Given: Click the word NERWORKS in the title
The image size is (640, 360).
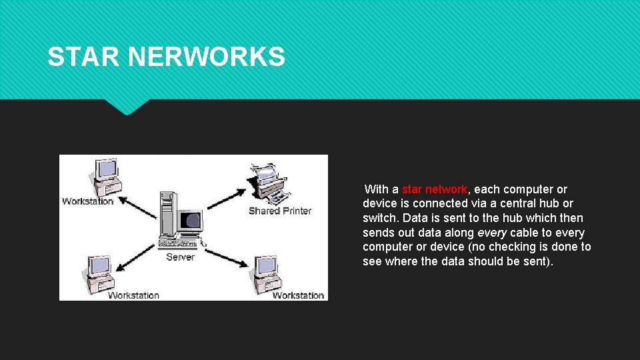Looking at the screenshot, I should click(x=206, y=57).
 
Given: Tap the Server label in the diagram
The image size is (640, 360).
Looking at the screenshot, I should click(x=180, y=257).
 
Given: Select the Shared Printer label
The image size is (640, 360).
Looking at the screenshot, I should click(x=280, y=211).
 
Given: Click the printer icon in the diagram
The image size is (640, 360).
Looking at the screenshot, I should click(x=271, y=183).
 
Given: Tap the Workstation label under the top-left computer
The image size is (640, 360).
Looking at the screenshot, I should click(x=88, y=201).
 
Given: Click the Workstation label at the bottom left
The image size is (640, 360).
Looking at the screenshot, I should click(x=133, y=295).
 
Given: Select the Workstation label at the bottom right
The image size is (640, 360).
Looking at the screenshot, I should click(x=298, y=295).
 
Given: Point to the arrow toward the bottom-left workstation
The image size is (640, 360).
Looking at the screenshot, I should click(x=136, y=257).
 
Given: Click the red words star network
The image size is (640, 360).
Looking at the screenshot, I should click(x=435, y=189).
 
